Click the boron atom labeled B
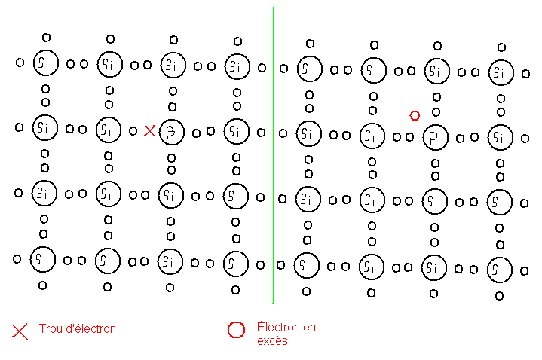[x=172, y=131]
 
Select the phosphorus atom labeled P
[x=434, y=137]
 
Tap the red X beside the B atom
[x=149, y=131]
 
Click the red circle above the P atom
[x=414, y=115]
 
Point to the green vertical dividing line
[x=273, y=151]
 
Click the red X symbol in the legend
[x=20, y=330]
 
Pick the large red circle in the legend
[x=236, y=330]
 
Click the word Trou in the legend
[x=51, y=328]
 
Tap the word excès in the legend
[x=272, y=340]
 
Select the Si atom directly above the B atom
[x=172, y=65]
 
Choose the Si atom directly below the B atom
[x=171, y=197]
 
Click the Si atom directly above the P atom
[x=434, y=71]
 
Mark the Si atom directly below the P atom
[x=433, y=202]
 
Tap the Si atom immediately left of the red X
[x=109, y=130]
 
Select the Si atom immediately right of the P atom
[x=498, y=137]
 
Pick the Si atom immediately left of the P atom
[x=370, y=136]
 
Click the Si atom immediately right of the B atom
[x=236, y=131]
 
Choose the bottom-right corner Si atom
[x=497, y=268]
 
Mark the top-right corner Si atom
[x=500, y=72]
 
